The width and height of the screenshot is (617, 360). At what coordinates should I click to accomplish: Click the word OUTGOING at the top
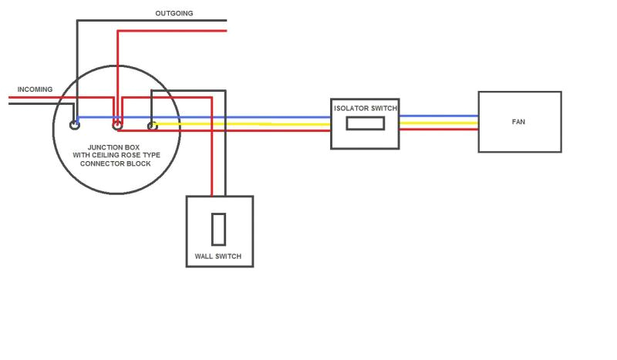coord(174,13)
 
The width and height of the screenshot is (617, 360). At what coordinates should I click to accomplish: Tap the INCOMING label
coord(35,89)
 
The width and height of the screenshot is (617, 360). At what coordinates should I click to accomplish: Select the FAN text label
coord(519,122)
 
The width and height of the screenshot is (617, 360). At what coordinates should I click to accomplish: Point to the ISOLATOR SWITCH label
coord(365,109)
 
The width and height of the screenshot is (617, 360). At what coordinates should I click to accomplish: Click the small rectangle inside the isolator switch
coord(365,123)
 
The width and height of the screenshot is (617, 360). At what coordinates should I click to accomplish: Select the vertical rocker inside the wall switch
coord(219,228)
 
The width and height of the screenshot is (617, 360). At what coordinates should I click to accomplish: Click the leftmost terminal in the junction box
coord(75,123)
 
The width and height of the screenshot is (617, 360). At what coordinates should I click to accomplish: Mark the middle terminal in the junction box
coord(117,123)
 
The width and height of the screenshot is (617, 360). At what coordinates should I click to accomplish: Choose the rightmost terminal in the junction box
coord(151,124)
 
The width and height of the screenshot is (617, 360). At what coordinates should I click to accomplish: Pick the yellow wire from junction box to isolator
coord(247,123)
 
